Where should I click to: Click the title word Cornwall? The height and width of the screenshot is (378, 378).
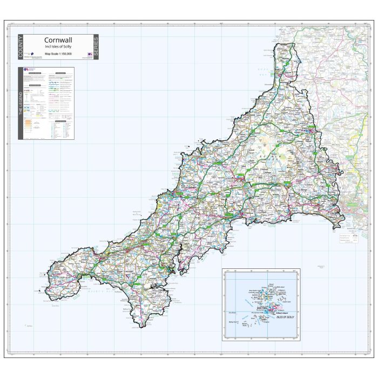pyautogui.click(x=58, y=39)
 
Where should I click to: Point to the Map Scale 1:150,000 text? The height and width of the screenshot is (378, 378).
pyautogui.click(x=58, y=54)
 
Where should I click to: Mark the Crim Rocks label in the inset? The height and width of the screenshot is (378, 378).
pyautogui.click(x=233, y=313)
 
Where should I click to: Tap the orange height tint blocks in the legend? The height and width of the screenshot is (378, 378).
pyautogui.click(x=26, y=123)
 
